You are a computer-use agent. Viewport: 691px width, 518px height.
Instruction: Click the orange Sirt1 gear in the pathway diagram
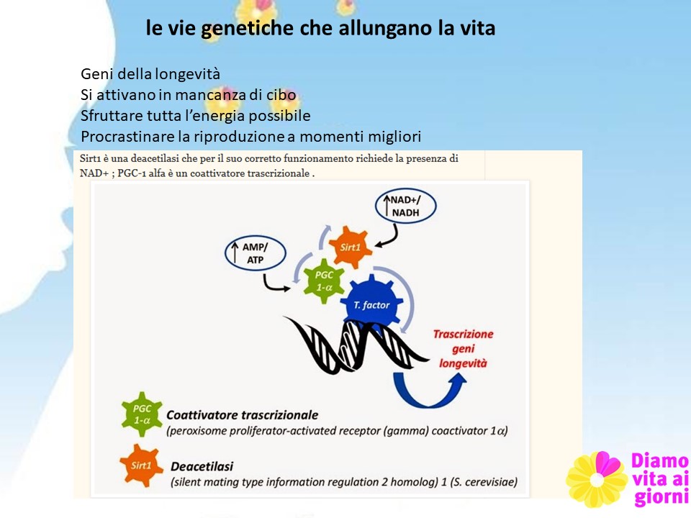click(x=351, y=247)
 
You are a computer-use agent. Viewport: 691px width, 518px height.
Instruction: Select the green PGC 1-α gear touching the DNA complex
click(x=325, y=281)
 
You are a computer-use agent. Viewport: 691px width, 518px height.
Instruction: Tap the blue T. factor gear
click(x=371, y=303)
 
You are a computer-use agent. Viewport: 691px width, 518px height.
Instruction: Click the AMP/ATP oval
click(x=255, y=253)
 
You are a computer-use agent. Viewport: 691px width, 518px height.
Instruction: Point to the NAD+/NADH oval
click(x=405, y=206)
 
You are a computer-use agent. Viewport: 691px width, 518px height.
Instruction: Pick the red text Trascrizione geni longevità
click(x=463, y=348)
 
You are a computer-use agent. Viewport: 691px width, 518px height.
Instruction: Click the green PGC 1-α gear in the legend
click(x=142, y=414)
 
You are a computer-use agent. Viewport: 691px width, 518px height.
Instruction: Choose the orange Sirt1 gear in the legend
click(x=141, y=465)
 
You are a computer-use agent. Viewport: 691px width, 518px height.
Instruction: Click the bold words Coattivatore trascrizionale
click(x=242, y=415)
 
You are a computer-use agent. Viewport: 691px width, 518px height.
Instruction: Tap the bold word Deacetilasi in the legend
click(x=202, y=466)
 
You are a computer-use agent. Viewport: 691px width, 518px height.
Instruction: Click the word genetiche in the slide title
click(x=247, y=29)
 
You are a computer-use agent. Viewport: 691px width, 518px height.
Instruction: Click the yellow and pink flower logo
click(x=597, y=479)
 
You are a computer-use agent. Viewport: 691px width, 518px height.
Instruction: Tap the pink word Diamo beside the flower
click(x=660, y=460)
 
